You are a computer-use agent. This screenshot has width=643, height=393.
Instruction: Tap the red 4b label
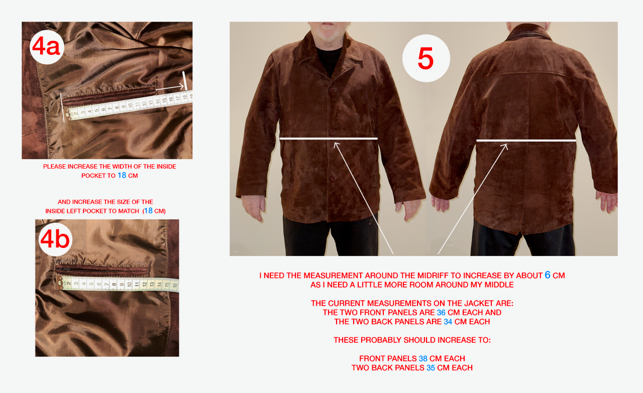pyautogui.click(x=55, y=239)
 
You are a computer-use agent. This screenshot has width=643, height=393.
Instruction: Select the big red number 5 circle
pyautogui.click(x=426, y=58)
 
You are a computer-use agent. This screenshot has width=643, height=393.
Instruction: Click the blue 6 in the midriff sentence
pyautogui.click(x=548, y=275)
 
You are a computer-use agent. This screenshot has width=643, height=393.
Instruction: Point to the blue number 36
pyautogui.click(x=441, y=312)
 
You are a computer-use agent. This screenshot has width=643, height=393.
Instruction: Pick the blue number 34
pyautogui.click(x=448, y=322)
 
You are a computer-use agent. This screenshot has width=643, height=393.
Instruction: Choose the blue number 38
pyautogui.click(x=423, y=358)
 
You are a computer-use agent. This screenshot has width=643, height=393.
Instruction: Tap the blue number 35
pyautogui.click(x=431, y=367)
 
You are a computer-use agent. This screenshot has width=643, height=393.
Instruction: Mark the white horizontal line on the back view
pyautogui.click(x=526, y=140)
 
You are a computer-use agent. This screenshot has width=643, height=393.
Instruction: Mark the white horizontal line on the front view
pyautogui.click(x=329, y=139)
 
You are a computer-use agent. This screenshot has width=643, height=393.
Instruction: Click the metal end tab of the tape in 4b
pyautogui.click(x=60, y=282)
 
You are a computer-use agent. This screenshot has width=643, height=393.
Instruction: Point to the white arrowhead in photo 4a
pyautogui.click(x=181, y=86)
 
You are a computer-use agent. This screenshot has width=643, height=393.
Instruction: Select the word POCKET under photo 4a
pyautogui.click(x=94, y=176)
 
